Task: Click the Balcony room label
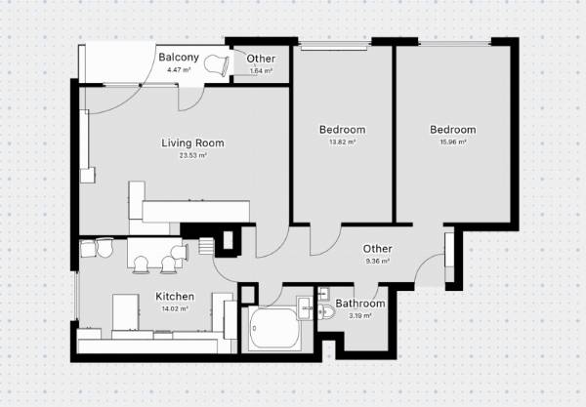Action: coord(179,58)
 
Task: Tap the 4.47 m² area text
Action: coord(179,69)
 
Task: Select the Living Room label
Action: coord(192,143)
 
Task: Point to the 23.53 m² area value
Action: coord(192,155)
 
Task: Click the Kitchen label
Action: coord(175,297)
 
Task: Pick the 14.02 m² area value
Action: coord(175,308)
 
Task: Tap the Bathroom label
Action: coord(360,304)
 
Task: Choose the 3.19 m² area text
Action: coord(360,316)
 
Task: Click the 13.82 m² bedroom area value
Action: coord(343,142)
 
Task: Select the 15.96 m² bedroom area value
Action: coord(453,142)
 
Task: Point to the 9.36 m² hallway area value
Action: coord(377,261)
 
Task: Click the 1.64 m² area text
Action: coord(261,70)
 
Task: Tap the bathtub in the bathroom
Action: coord(274,328)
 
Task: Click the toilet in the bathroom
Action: coord(327,311)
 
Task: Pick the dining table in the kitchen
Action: coord(154,253)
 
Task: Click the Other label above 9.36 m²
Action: coord(377,249)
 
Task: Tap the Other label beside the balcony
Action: coord(261,59)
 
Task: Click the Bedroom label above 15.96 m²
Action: coord(453,130)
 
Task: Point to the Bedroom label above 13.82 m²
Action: coord(343,130)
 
